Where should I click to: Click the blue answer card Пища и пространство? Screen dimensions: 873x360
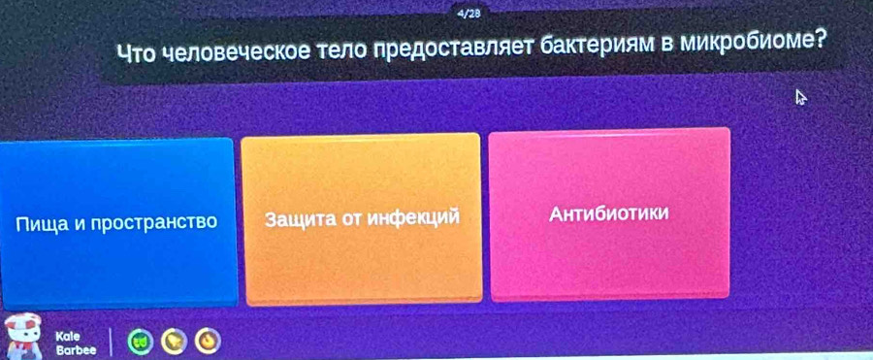pyautogui.click(x=117, y=223)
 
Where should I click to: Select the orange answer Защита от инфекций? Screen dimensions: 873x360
pyautogui.click(x=362, y=219)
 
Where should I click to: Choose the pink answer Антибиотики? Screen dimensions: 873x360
pyautogui.click(x=610, y=214)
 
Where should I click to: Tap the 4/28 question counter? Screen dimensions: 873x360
pyautogui.click(x=469, y=15)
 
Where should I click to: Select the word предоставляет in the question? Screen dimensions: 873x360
pyautogui.click(x=455, y=49)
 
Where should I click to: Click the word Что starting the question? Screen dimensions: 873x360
pyautogui.click(x=137, y=54)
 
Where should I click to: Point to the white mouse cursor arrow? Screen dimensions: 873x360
pyautogui.click(x=801, y=98)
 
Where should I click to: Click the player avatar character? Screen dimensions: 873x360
pyautogui.click(x=22, y=336)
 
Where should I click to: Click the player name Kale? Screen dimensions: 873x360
pyautogui.click(x=68, y=337)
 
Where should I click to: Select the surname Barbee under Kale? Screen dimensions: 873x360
pyautogui.click(x=76, y=350)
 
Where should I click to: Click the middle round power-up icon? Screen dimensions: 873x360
pyautogui.click(x=174, y=341)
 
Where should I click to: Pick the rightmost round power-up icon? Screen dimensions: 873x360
pyautogui.click(x=208, y=341)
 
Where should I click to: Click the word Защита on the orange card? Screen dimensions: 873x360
pyautogui.click(x=299, y=219)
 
